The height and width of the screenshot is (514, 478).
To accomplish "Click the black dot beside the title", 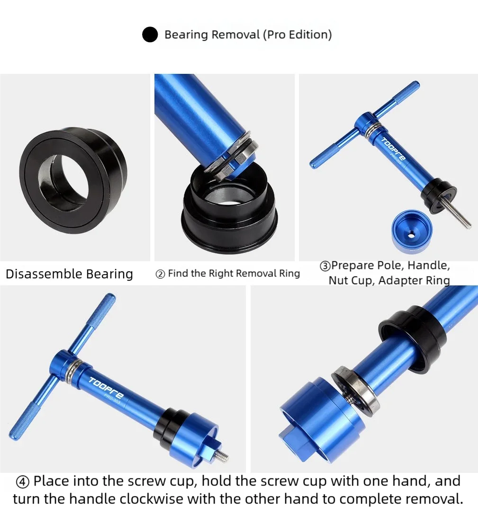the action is pyautogui.click(x=150, y=35).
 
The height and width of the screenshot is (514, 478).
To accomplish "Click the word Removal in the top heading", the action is pyautogui.click(x=235, y=35).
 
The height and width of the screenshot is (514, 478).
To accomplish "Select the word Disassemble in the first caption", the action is pyautogui.click(x=44, y=274).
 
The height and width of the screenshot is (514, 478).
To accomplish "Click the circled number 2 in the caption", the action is pyautogui.click(x=160, y=274).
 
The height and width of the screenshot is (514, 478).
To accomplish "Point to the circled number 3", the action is pyautogui.click(x=325, y=266).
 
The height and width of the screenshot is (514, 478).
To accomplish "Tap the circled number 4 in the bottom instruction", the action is pyautogui.click(x=23, y=482).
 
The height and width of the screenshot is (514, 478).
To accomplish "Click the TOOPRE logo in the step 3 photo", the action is pyautogui.click(x=393, y=150).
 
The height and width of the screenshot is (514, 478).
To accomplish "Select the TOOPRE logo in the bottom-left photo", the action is pyautogui.click(x=106, y=386).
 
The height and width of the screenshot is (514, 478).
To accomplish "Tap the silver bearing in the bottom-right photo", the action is pyautogui.click(x=356, y=391).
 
